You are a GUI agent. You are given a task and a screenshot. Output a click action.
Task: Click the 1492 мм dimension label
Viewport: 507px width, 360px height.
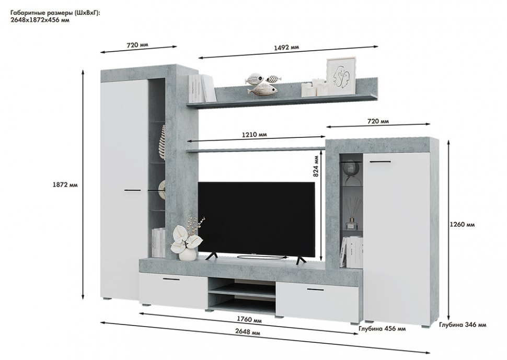pyautogui.click(x=286, y=48)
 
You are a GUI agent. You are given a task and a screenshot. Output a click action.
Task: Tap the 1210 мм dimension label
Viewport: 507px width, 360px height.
pyautogui.click(x=254, y=134)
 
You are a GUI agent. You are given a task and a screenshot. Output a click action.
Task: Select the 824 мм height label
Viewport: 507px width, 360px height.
pyautogui.click(x=315, y=167)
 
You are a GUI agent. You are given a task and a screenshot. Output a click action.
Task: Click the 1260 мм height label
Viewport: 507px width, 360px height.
pyautogui.click(x=462, y=225)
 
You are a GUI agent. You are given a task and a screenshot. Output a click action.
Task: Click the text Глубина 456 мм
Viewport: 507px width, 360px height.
pyautogui.click(x=382, y=329)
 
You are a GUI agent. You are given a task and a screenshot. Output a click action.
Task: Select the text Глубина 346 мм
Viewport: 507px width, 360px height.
pyautogui.click(x=463, y=325)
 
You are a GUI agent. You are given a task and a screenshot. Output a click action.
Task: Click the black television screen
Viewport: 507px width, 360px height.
pyautogui.click(x=256, y=217)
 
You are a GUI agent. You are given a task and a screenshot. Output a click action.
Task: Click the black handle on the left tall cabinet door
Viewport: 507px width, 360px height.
pyautogui.click(x=133, y=191)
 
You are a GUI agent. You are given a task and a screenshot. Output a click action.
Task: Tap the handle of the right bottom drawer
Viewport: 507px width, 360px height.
pyautogui.click(x=316, y=289)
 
